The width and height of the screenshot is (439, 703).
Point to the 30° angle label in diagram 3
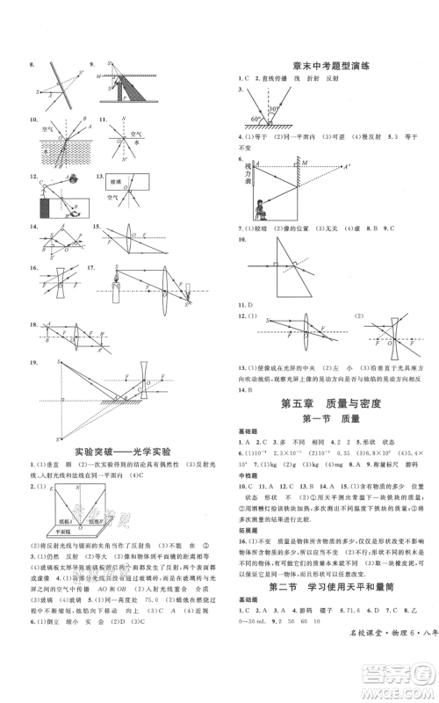pyautogui.click(x=274, y=111)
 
